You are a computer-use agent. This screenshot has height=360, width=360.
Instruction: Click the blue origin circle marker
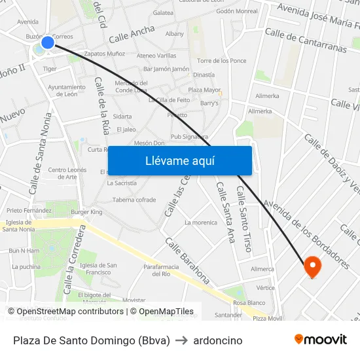point(48,43)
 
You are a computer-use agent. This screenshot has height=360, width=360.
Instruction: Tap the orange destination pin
point(312,266)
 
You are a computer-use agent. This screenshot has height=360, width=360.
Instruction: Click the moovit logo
point(321,340)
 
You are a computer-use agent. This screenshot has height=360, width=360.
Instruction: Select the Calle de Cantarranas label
point(305,40)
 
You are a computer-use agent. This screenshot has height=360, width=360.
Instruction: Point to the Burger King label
point(87,212)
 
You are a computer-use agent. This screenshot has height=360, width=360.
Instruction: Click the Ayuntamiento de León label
point(67,90)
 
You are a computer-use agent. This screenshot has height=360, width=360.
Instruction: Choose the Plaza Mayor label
point(204,90)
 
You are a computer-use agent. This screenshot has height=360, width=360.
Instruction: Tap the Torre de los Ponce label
point(221,61)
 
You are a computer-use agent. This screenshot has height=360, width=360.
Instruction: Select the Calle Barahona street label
point(187,261)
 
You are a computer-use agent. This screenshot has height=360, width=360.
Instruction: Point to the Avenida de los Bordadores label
point(306,235)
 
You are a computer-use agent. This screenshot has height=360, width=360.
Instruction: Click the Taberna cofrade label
point(134,200)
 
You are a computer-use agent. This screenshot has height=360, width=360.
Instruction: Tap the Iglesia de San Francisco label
point(98,268)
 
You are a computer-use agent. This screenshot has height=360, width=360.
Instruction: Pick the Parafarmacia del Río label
point(161,270)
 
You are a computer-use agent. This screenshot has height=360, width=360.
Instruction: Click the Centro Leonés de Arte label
point(67,173)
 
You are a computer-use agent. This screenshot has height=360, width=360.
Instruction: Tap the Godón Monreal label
point(236,12)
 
